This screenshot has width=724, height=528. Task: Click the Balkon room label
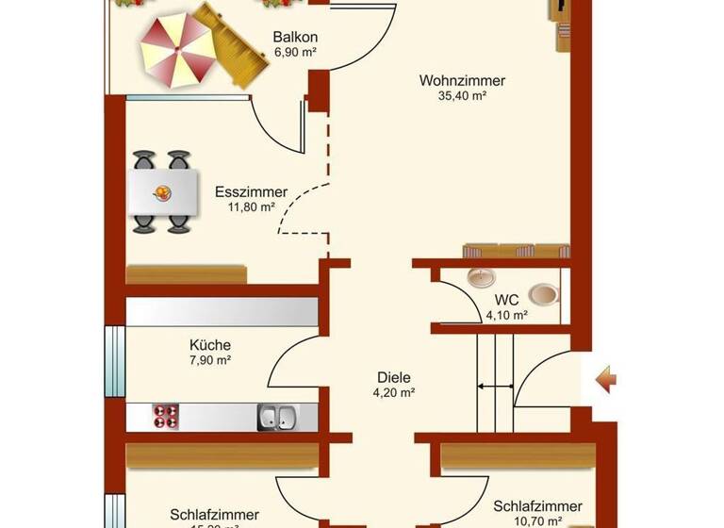pos(294,38)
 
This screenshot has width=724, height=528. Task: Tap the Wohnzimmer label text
pos(462,81)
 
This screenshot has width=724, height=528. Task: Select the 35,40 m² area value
pos(462,95)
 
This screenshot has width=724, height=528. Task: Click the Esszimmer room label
pos(251,192)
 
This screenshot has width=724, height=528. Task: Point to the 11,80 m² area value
pos(251,206)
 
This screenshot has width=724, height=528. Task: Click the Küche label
pos(209,345)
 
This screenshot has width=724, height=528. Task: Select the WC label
pos(506,301)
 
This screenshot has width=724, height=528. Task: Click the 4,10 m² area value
pos(506,315)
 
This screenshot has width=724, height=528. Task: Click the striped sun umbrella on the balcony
pos(176,47)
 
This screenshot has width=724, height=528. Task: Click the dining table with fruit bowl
pos(163,192)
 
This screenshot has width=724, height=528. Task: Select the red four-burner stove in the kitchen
pos(167,417)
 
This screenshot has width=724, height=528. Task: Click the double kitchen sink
pos(277,417)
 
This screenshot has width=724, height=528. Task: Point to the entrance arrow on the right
pos(605,380)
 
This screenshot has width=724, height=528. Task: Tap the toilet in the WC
pos(543,294)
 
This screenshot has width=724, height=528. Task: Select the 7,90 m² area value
pos(209,359)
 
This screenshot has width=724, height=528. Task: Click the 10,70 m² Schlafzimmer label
pos(536,507)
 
